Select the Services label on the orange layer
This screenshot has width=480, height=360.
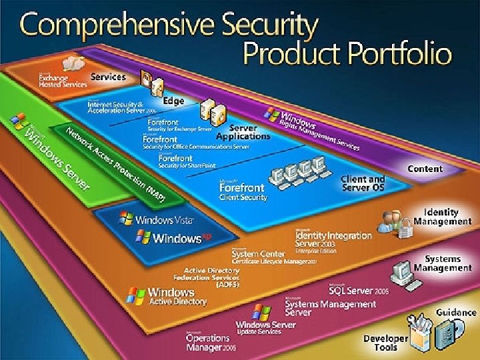tap(108, 77)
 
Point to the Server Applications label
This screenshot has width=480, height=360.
tap(249, 132)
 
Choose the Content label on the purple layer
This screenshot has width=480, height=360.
tap(425, 169)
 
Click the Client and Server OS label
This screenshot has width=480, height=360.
tap(363, 183)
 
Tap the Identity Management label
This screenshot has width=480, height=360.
tap(437, 217)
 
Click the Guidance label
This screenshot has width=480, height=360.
tap(456, 311)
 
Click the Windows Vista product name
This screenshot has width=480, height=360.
tap(163, 219)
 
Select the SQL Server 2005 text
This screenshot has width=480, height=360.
tap(359, 291)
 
